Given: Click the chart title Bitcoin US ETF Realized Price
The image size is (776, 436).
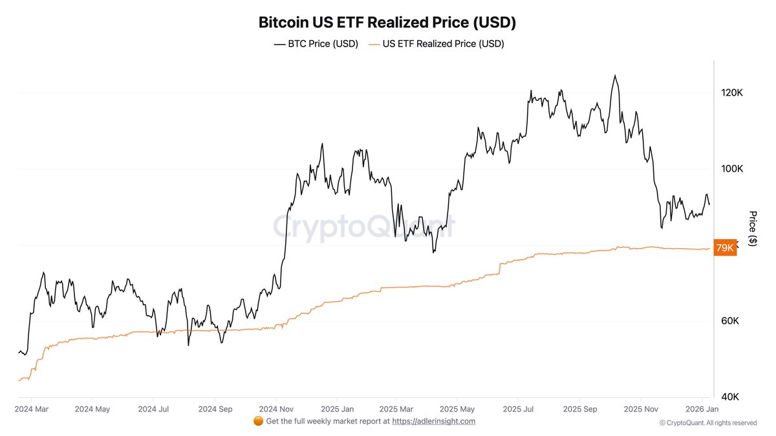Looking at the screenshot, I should (x=387, y=22).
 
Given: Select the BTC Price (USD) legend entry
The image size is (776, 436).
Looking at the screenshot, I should (x=316, y=44).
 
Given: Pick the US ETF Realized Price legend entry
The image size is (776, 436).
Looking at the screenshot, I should (x=436, y=44).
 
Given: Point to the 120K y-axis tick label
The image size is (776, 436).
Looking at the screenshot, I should (x=731, y=93).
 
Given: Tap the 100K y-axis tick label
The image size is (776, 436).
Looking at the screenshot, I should (x=731, y=169).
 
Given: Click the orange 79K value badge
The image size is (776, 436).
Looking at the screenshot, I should (x=724, y=248).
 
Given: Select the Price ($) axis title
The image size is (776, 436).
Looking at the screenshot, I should (x=752, y=228).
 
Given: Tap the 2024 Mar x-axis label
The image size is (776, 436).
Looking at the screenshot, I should (x=31, y=409).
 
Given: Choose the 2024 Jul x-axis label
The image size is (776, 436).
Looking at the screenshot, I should (x=153, y=409).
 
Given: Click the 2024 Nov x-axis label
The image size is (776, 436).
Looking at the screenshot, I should (x=276, y=409).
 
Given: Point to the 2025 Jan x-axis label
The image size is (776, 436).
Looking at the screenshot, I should (x=338, y=409).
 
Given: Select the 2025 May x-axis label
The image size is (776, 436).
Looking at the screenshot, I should (x=457, y=409).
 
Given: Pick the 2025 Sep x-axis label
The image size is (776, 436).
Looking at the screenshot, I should (x=580, y=409).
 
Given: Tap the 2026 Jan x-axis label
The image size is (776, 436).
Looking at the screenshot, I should (x=702, y=409).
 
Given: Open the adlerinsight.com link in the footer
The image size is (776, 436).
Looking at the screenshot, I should (x=433, y=421).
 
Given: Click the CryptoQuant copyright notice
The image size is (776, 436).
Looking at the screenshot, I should (x=707, y=423).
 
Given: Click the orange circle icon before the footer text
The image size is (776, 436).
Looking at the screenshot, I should (x=258, y=421).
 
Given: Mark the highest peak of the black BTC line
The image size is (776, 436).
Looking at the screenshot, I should (x=614, y=76).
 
